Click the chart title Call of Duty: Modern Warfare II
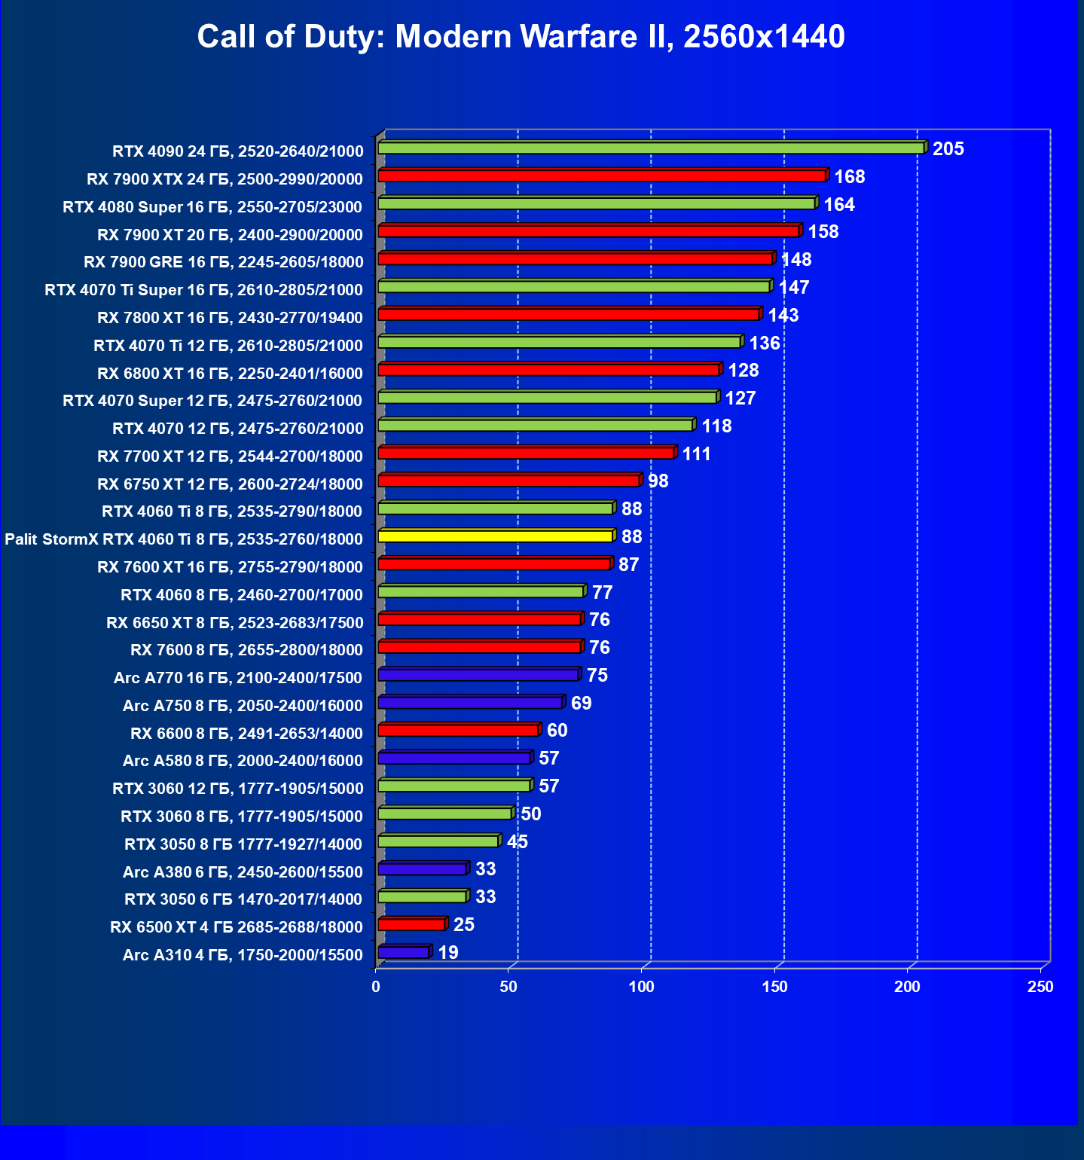coord(521,36)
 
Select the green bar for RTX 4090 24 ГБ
coord(651,148)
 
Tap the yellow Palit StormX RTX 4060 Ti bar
coord(495,536)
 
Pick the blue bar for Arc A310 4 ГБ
coord(403,953)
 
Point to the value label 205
coord(948,149)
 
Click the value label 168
coord(849,177)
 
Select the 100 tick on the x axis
coord(642,987)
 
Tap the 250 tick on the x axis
coord(1040,987)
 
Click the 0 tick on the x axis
coord(376,987)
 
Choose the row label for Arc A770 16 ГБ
coord(238,678)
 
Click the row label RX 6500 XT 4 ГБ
coord(237,927)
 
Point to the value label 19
coord(448,953)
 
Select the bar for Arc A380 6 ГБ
coord(422,869)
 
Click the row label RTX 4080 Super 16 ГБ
coord(212,207)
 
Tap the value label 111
coord(696,454)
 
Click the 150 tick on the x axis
coord(774,987)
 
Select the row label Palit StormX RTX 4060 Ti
coord(184,539)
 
